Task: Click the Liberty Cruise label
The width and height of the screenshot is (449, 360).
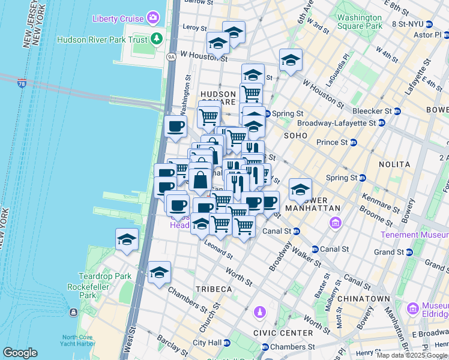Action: pyautogui.click(x=118, y=18)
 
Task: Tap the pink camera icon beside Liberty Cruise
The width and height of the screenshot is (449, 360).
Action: pyautogui.click(x=154, y=18)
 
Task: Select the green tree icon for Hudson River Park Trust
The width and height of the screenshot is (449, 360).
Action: pyautogui.click(x=157, y=40)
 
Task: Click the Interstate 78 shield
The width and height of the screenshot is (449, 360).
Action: pyautogui.click(x=22, y=83)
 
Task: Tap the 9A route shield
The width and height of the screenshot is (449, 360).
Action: pyautogui.click(x=171, y=57)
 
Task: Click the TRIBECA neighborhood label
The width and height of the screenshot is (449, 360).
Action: pyautogui.click(x=214, y=289)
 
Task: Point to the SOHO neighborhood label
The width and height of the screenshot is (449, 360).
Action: pyautogui.click(x=295, y=136)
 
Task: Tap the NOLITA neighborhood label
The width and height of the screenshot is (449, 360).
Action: pyautogui.click(x=394, y=164)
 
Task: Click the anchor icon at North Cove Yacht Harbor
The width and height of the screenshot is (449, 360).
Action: pyautogui.click(x=73, y=313)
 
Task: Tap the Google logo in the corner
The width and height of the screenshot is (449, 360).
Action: pyautogui.click(x=20, y=353)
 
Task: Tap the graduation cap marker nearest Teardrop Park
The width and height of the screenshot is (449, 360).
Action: pyautogui.click(x=127, y=240)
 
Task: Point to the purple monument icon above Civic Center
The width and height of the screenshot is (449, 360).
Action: pyautogui.click(x=259, y=312)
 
